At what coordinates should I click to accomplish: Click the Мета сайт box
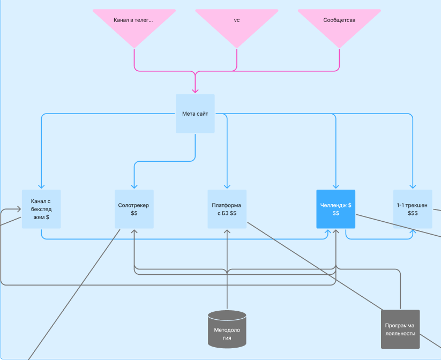pyautogui.click(x=195, y=114)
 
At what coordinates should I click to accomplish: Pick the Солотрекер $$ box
pyautogui.click(x=134, y=209)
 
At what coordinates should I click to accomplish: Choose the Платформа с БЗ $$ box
pyautogui.click(x=227, y=209)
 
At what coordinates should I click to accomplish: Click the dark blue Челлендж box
pyautogui.click(x=336, y=209)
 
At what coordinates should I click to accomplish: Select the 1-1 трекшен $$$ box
pyautogui.click(x=413, y=209)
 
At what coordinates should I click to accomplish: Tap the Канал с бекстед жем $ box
pyautogui.click(x=41, y=209)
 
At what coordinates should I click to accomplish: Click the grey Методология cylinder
pyautogui.click(x=227, y=329)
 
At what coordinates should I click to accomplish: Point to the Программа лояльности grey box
pyautogui.click(x=400, y=329)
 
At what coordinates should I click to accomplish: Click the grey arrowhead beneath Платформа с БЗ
pyautogui.click(x=227, y=232)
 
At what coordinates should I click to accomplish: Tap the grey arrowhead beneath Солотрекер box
pyautogui.click(x=134, y=232)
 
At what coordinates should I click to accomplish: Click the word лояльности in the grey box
pyautogui.click(x=400, y=334)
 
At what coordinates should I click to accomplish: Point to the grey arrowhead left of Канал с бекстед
pyautogui.click(x=19, y=209)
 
